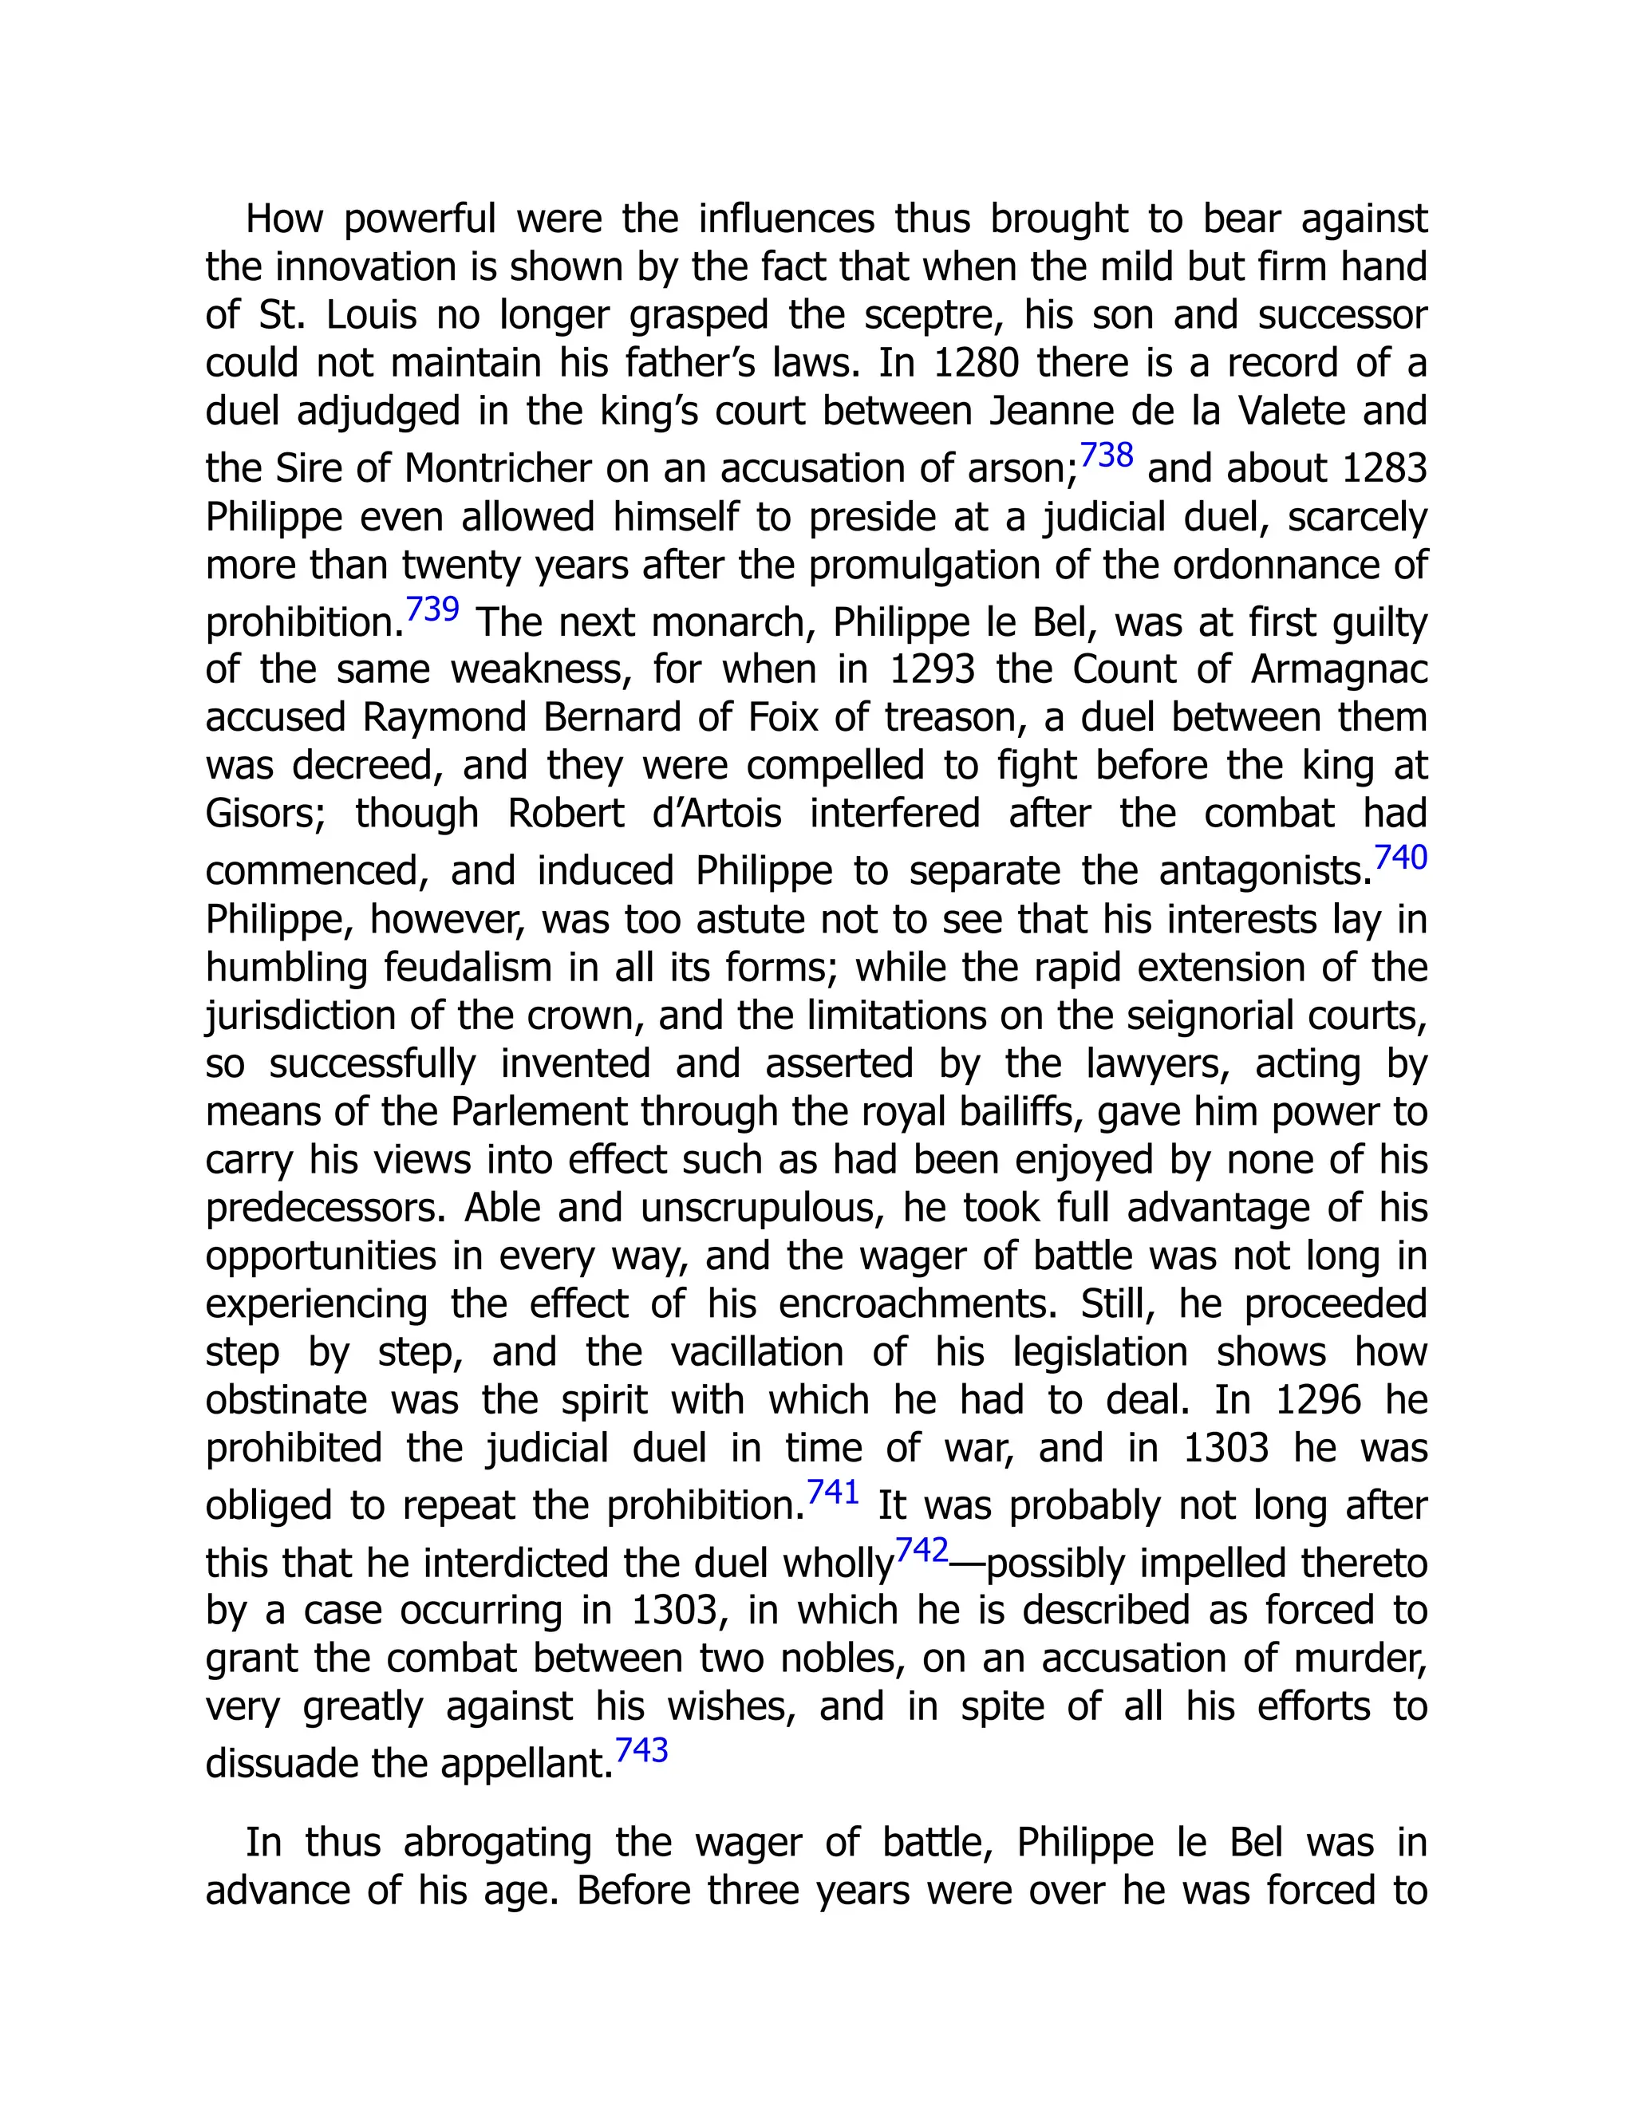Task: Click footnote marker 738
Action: tap(1106, 455)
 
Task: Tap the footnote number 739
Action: tap(432, 609)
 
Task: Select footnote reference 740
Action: tap(1401, 858)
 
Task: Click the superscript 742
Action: tap(922, 1550)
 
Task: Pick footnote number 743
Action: tap(641, 1750)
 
